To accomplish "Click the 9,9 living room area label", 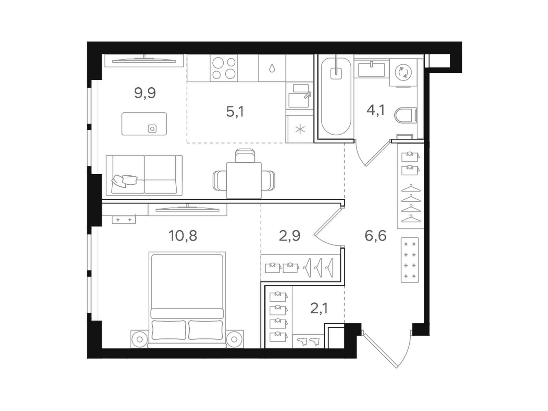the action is (x=145, y=93).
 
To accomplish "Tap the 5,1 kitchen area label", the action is (x=235, y=111).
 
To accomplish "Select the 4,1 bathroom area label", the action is (x=375, y=110).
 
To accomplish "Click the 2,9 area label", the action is (x=289, y=236).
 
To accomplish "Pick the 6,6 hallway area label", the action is (x=375, y=236).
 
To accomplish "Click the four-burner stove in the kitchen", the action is (x=224, y=68).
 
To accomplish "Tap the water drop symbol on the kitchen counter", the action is (x=272, y=68).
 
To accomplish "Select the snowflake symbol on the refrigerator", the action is (x=300, y=129).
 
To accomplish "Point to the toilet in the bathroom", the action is (x=406, y=116).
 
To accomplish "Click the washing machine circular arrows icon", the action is (x=403, y=73).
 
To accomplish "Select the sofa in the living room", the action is (x=144, y=175).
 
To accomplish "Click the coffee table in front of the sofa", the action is (x=144, y=124).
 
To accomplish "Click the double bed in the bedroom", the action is (x=187, y=300).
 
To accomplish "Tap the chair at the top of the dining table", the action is (x=245, y=155).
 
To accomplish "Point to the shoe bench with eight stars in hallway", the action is (x=410, y=260).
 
